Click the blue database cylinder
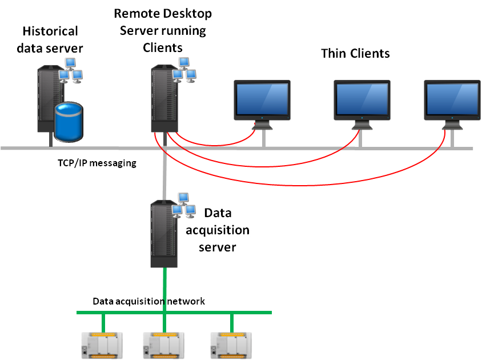(69, 122)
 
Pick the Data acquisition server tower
(163, 234)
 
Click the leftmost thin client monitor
(263, 101)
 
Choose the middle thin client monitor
(362, 101)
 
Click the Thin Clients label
(355, 54)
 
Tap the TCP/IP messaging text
(97, 163)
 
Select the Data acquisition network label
(148, 301)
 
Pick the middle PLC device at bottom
(165, 345)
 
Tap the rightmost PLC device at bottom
(231, 345)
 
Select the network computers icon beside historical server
(71, 70)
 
